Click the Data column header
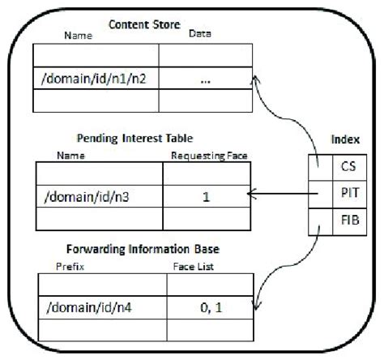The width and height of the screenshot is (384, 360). point(199,35)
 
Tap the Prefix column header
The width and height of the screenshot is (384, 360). point(64,264)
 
